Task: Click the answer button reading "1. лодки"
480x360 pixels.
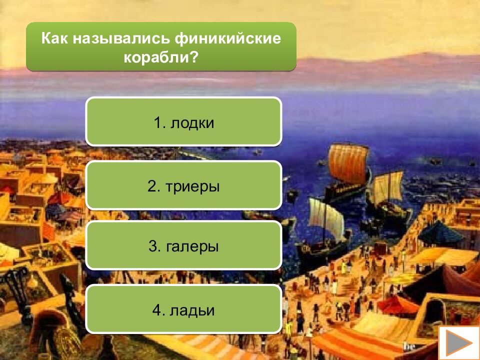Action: coord(183,122)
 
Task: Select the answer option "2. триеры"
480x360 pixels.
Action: coord(183,186)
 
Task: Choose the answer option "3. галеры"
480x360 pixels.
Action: coord(183,246)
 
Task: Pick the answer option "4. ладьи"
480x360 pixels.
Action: coord(183,310)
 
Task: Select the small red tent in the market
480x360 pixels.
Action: coord(398,303)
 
